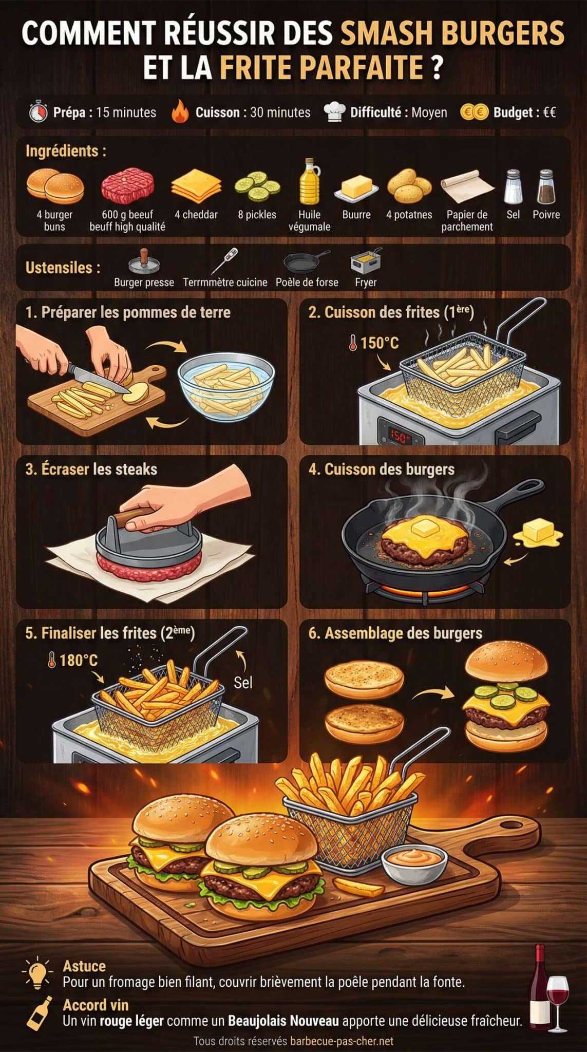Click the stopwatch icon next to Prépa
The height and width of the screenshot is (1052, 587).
point(37,112)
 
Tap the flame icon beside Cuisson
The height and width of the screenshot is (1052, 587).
point(181,112)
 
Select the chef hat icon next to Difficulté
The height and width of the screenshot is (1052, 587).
point(334,112)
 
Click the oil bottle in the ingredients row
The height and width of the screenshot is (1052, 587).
point(309,182)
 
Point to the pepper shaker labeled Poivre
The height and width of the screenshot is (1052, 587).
point(546,187)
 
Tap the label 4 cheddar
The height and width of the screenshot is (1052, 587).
point(196,215)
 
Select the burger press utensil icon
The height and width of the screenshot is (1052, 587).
point(143,262)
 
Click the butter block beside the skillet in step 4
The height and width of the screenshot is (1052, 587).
point(537,531)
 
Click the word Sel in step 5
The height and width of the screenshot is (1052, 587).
point(243,683)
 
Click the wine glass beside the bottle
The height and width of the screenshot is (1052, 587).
point(557,999)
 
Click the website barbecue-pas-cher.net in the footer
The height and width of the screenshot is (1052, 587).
point(342,1041)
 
